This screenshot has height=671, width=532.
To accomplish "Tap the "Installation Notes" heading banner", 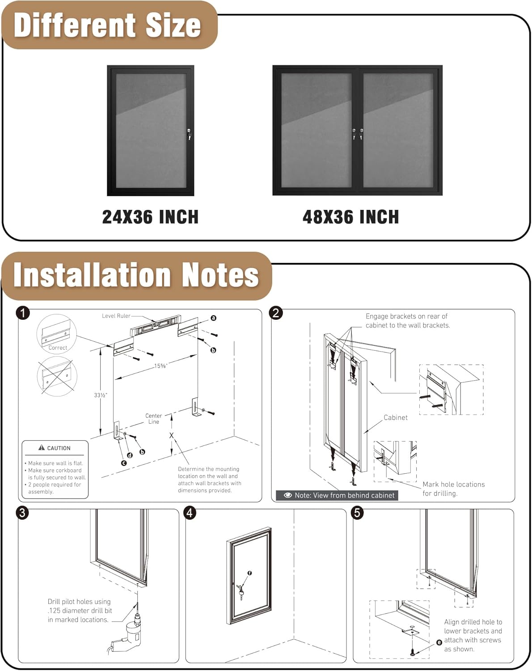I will [x=136, y=275].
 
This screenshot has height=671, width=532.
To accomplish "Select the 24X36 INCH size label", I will [x=150, y=217].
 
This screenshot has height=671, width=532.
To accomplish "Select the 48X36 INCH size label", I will [x=350, y=217].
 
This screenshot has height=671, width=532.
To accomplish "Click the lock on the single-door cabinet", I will [x=190, y=134].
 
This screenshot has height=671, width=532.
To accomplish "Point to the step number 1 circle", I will [x=23, y=313].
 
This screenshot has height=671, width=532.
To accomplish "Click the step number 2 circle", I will [x=276, y=313].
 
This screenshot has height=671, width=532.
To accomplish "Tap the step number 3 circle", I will [x=23, y=512].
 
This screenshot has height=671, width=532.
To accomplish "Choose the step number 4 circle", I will [x=190, y=512].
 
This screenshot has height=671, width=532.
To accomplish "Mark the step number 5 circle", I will [x=357, y=512].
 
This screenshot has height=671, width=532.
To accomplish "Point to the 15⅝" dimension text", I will [x=160, y=366].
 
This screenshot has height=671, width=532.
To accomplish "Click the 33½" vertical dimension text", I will [x=101, y=395].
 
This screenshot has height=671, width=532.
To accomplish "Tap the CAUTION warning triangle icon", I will [x=42, y=447].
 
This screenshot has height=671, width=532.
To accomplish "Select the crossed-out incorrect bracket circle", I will [x=57, y=376].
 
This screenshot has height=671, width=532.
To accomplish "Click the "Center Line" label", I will [x=153, y=419].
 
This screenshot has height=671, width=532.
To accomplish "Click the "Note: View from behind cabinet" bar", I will [x=337, y=495].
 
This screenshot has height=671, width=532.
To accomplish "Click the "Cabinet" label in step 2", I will [x=396, y=417].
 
